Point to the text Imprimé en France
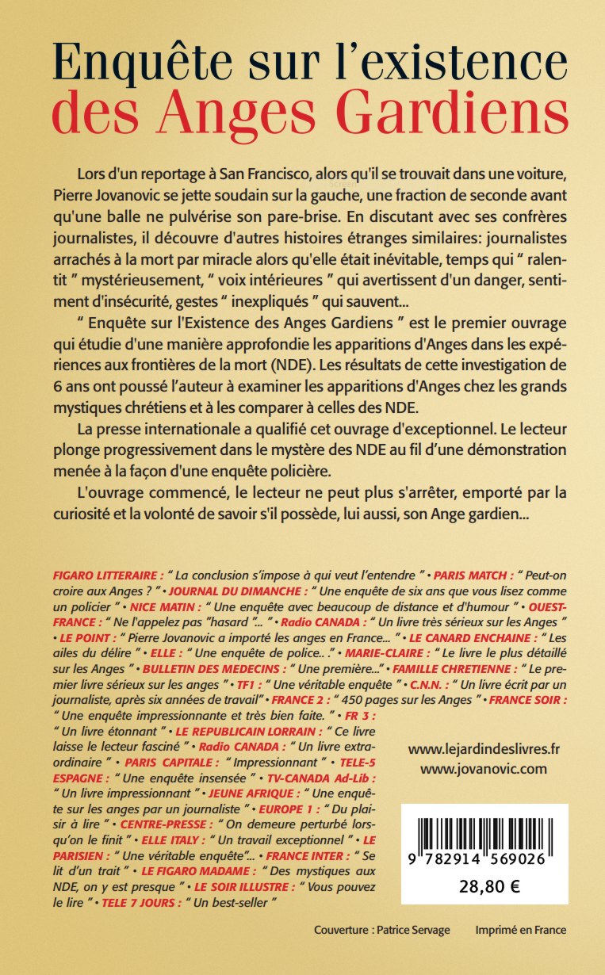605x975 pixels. coord(521,930)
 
